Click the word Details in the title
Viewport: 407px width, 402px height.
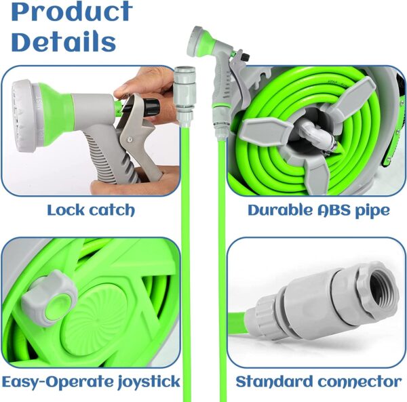(x=63, y=41)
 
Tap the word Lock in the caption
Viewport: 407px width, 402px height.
(x=65, y=209)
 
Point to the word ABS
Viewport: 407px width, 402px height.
(x=334, y=209)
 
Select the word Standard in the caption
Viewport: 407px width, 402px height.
(x=274, y=382)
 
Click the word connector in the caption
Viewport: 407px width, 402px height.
(x=360, y=382)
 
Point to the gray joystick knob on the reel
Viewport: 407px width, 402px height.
(x=49, y=298)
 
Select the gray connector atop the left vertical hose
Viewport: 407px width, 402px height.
(x=184, y=96)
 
